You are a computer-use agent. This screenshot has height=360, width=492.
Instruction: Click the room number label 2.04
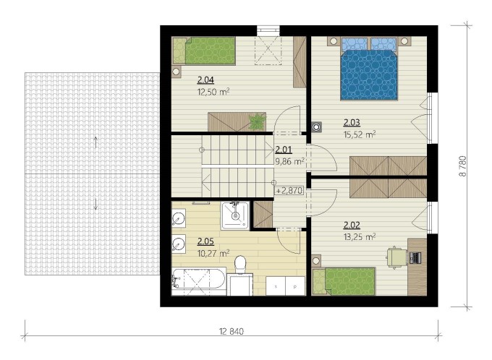pos(205,80)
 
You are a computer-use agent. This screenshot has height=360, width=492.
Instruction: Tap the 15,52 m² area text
pos(360,134)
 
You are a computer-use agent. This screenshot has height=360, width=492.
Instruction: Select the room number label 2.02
pos(352,225)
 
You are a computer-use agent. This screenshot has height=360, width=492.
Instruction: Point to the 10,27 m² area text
pos(213,253)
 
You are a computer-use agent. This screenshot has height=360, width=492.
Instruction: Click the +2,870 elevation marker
pos(289,190)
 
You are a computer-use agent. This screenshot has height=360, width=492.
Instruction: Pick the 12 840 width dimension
pos(232,331)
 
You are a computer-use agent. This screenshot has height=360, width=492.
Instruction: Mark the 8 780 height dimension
pos(463,166)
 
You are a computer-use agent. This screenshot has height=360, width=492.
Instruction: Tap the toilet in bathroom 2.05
pos(240,264)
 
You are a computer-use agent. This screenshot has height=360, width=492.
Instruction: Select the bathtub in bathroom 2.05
pos(198,281)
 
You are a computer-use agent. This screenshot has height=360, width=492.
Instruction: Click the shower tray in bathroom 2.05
pos(235,215)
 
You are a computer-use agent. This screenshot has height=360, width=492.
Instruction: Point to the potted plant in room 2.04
pos(257,121)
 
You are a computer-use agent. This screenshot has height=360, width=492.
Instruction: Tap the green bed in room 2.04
pos(204,51)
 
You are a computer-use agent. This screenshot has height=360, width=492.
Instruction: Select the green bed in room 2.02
pos(344,281)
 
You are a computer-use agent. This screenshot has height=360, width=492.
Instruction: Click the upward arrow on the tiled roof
pos(96,142)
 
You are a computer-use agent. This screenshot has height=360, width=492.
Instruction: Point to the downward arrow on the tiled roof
pos(96,204)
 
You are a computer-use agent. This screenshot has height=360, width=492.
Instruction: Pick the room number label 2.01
pos(284,150)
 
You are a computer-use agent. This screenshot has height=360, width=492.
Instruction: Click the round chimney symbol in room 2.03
pos(316,127)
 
